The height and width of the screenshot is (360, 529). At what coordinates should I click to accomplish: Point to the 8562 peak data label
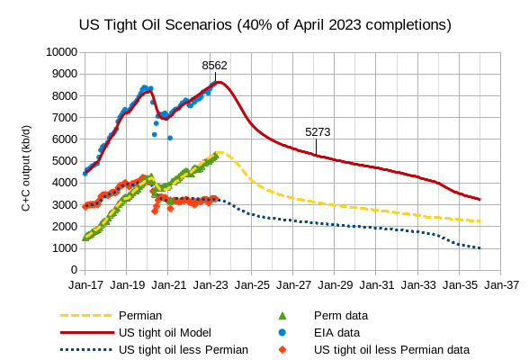tap(214, 66)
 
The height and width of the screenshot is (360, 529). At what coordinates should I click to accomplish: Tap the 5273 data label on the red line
tap(318, 131)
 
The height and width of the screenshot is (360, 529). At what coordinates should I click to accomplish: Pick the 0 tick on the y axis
tap(70, 270)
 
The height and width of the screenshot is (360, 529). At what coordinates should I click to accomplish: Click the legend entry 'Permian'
tap(140, 316)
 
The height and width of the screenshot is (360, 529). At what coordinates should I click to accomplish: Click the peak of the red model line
tap(220, 83)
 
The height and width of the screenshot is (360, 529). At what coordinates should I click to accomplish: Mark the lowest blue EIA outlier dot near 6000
tap(170, 138)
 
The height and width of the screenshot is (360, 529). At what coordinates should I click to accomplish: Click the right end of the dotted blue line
tap(480, 248)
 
